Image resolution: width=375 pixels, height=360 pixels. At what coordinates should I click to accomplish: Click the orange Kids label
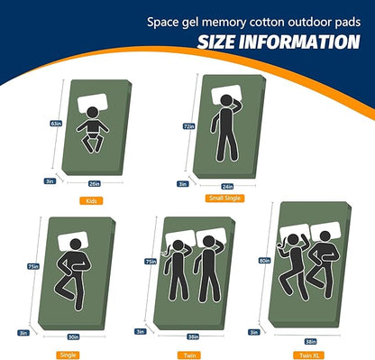point(91,200)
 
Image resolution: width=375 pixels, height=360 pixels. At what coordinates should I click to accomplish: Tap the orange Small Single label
point(224,198)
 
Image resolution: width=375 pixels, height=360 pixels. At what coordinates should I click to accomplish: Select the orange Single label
point(68,355)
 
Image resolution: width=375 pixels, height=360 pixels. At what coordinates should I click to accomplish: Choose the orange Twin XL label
point(309,355)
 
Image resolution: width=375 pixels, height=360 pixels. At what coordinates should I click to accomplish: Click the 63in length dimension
point(56,124)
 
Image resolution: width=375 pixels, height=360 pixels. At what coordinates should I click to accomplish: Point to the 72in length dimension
point(189,126)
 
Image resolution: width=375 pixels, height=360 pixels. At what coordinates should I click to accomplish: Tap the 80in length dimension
point(264,261)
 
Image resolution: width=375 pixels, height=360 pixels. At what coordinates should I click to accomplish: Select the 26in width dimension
point(95,183)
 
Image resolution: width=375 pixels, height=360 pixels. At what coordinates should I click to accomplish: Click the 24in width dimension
point(227,187)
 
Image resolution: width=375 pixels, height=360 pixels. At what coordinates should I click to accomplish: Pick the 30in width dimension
point(73,337)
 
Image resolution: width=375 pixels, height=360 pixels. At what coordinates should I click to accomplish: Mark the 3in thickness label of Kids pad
point(50,181)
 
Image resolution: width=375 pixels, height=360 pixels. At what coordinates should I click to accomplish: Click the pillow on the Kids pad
point(93,103)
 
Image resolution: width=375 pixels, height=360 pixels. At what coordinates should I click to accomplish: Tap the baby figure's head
point(93,113)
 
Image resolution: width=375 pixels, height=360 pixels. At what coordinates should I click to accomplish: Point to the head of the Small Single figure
point(226,101)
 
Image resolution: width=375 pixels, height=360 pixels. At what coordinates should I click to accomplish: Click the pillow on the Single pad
point(73,241)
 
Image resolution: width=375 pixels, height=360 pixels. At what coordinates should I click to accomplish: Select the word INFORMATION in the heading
point(299,42)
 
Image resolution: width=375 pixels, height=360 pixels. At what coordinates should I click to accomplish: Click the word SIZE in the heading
point(216,42)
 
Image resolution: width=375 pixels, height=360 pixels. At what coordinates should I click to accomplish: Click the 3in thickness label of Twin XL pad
point(254,332)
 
